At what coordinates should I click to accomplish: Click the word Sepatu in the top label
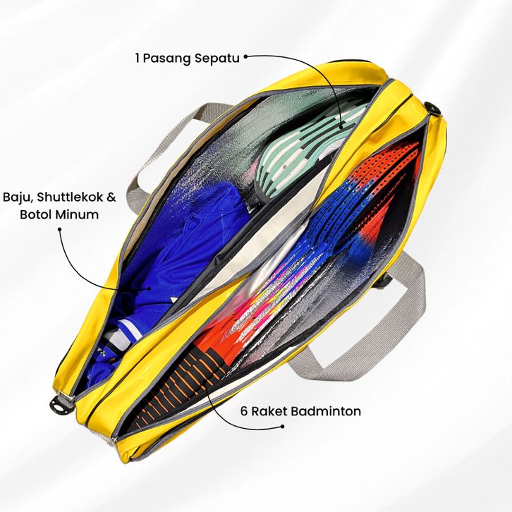[218, 58]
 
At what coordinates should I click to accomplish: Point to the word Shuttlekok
[71, 196]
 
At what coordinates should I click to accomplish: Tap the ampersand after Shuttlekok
[111, 196]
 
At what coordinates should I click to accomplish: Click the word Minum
[78, 214]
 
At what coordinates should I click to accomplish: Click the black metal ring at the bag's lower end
[62, 402]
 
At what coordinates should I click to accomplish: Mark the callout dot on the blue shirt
[147, 288]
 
